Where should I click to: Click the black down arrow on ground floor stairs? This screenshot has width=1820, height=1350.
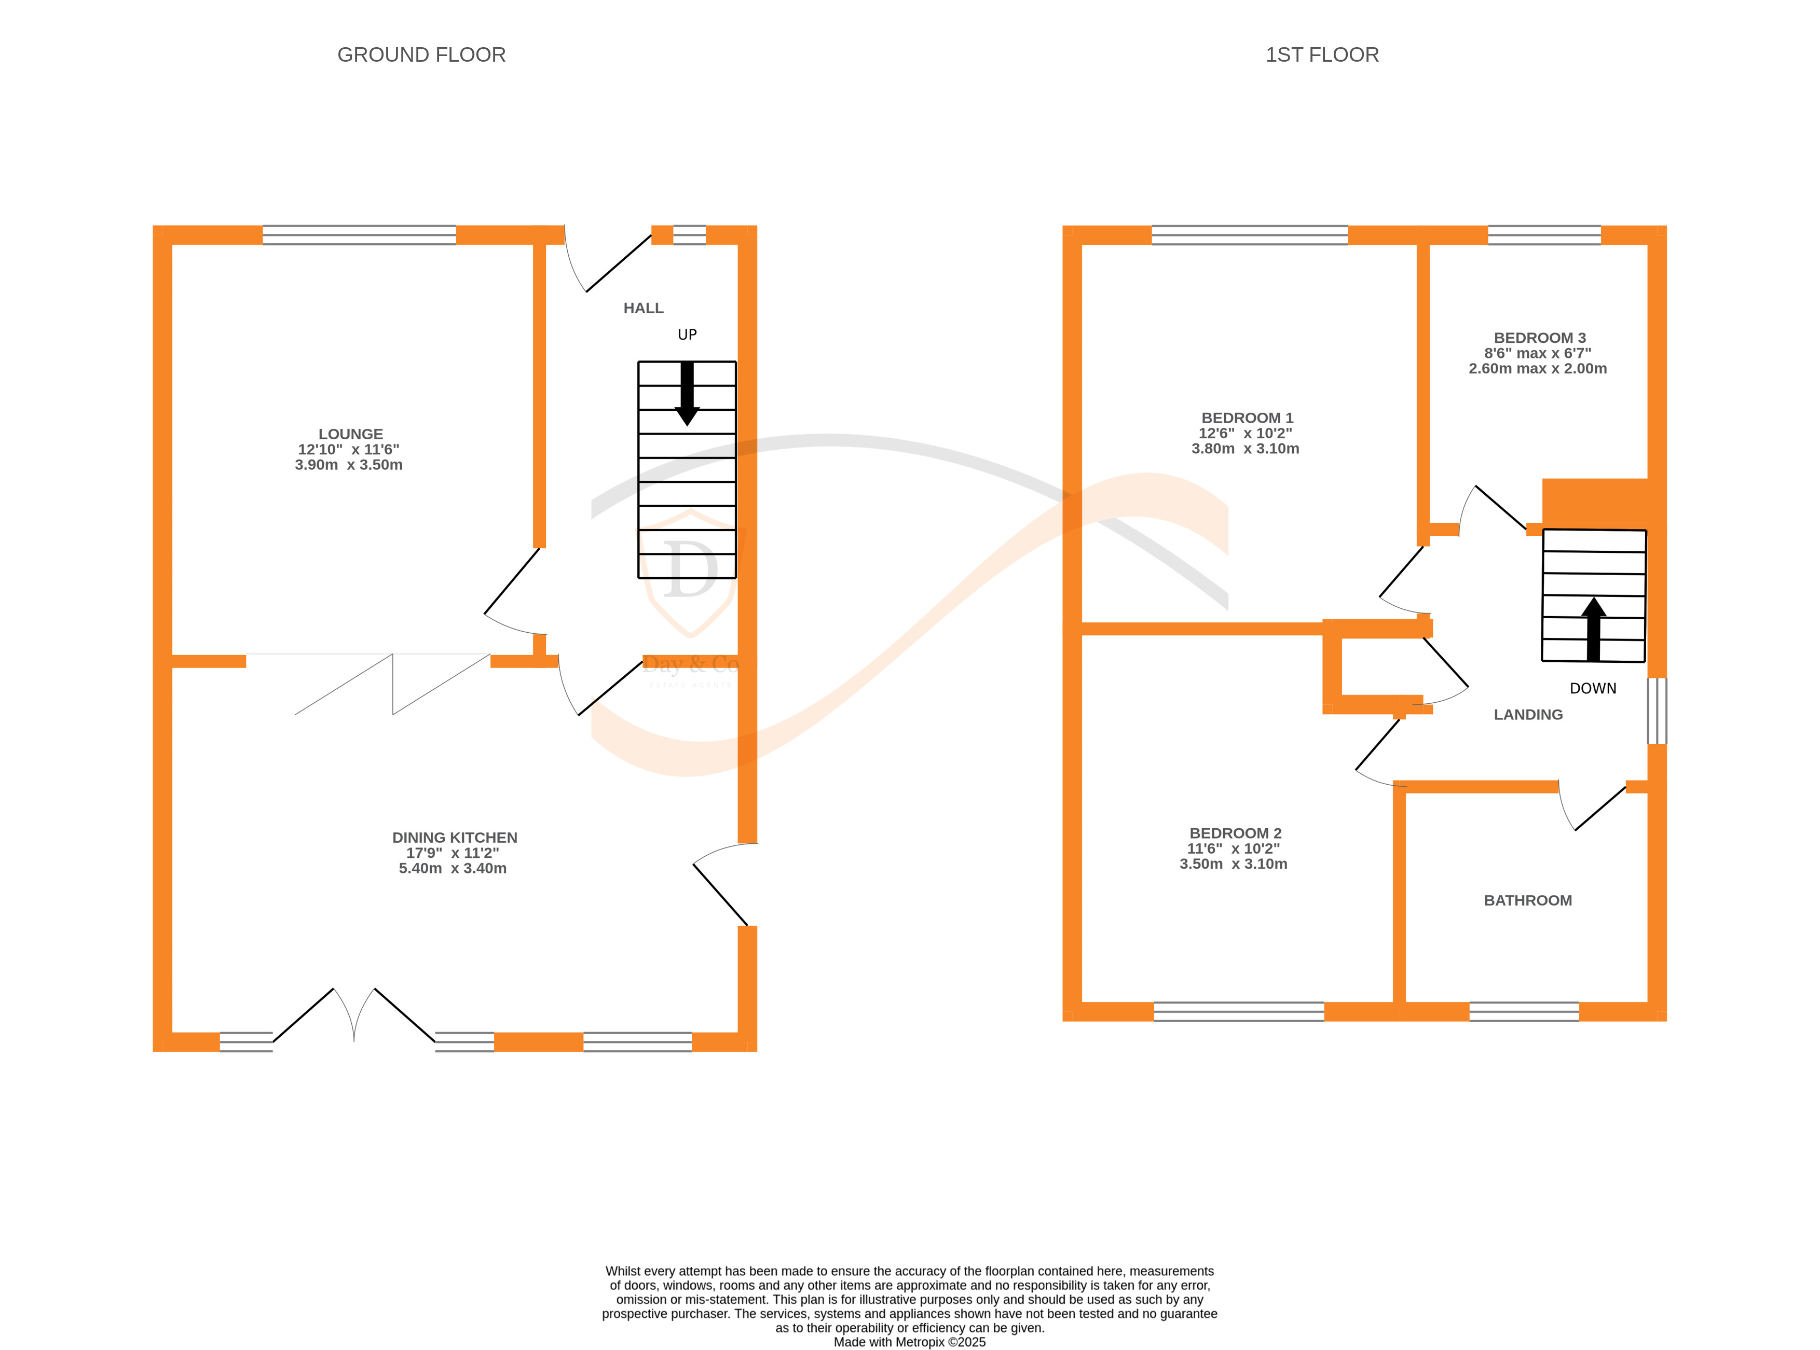click(x=687, y=393)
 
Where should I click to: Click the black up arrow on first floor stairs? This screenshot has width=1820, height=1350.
click(x=1593, y=629)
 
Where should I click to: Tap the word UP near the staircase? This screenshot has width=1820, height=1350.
click(x=687, y=334)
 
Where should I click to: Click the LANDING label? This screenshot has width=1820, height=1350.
click(x=1527, y=714)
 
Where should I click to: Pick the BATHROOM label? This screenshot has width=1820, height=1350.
click(x=1527, y=900)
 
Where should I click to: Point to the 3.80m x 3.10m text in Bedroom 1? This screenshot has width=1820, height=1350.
click(x=1244, y=449)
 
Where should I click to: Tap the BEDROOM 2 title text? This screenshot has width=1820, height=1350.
click(x=1235, y=833)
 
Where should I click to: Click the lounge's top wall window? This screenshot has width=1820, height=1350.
click(x=359, y=235)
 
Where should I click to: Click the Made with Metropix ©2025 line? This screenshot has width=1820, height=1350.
click(x=909, y=1342)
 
